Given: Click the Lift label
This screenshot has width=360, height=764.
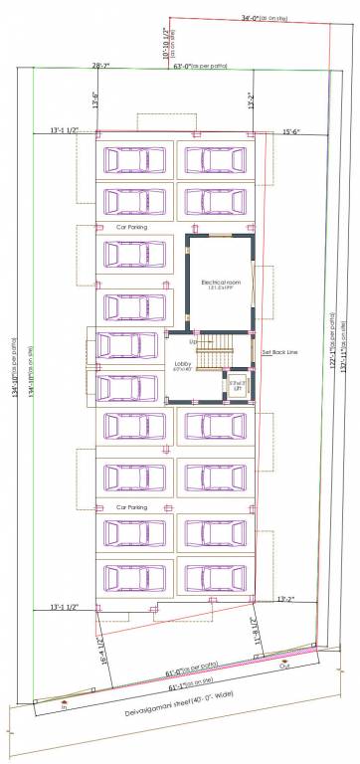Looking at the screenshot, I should pyautogui.click(x=237, y=383).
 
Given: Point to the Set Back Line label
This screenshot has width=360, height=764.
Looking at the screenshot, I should pyautogui.click(x=278, y=352).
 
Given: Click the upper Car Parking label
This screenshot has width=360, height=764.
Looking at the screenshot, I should pyautogui.click(x=132, y=227).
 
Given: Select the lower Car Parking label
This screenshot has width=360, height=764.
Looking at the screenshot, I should pyautogui.click(x=132, y=507).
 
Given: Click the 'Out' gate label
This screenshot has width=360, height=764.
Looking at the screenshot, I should pyautogui.click(x=284, y=667).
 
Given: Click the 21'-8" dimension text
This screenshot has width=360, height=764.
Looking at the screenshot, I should pyautogui.click(x=255, y=628).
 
